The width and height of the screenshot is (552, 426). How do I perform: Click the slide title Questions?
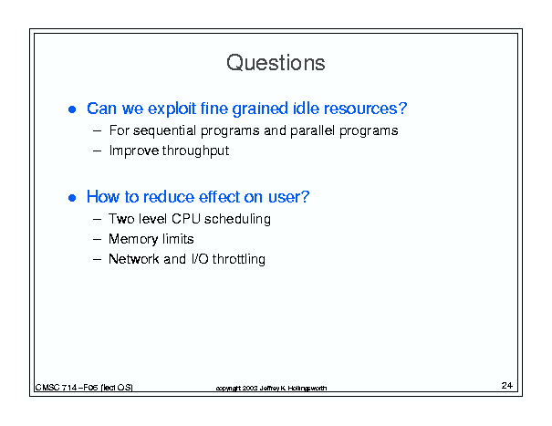point(276,63)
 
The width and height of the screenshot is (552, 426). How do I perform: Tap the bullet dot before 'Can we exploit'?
point(72,109)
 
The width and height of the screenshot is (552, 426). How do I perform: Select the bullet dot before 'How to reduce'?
point(72,198)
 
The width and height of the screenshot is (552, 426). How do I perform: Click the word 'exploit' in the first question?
point(172,109)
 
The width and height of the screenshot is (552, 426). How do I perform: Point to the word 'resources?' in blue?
point(366,109)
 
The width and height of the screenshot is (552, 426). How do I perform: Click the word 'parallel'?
point(312,130)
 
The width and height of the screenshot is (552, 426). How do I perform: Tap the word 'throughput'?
point(196,151)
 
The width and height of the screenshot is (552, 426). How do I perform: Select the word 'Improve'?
point(134,151)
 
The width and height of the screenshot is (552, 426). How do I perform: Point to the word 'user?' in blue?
point(288,197)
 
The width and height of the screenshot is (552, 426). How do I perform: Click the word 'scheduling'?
point(237,219)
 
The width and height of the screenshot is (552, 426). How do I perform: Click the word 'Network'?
point(134,259)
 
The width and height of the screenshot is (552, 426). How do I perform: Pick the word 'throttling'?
point(239,259)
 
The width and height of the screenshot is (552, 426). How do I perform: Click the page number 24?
point(507,386)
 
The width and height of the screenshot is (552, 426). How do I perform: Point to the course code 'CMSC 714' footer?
point(56,388)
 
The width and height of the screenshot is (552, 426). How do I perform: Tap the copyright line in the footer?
point(271,389)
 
